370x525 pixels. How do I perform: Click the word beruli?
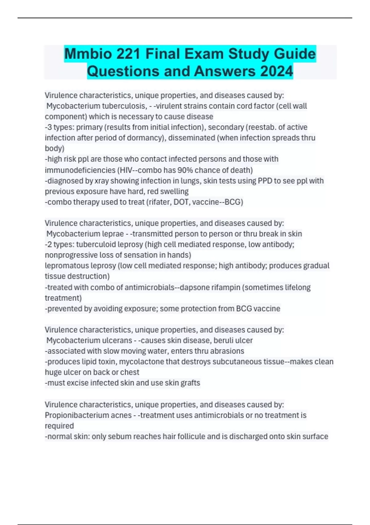point(224,340)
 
